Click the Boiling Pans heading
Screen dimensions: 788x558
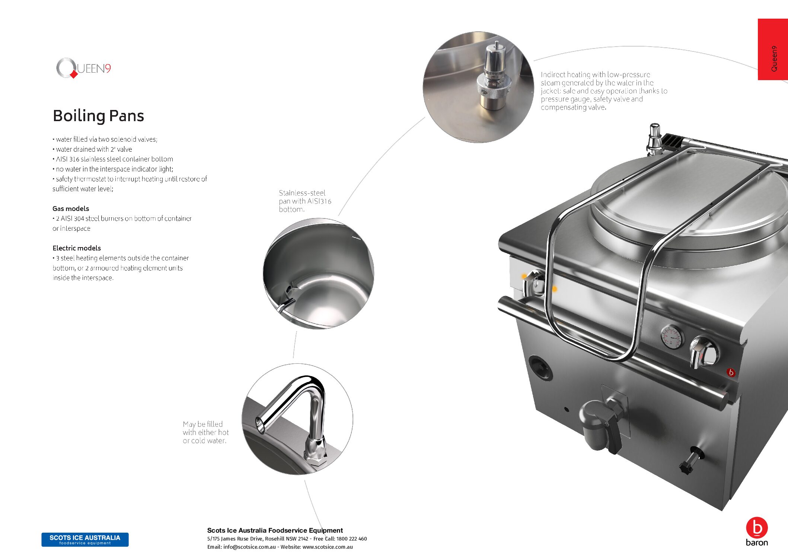click(x=98, y=116)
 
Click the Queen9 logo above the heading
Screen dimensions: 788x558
click(x=83, y=68)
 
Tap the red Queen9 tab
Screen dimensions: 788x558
click(x=773, y=49)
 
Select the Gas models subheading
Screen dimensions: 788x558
click(x=71, y=209)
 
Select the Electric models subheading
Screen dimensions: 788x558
click(x=77, y=248)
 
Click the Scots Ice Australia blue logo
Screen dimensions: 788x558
click(x=85, y=540)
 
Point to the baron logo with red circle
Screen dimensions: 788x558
click(x=757, y=532)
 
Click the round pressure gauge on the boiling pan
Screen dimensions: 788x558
click(x=672, y=337)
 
